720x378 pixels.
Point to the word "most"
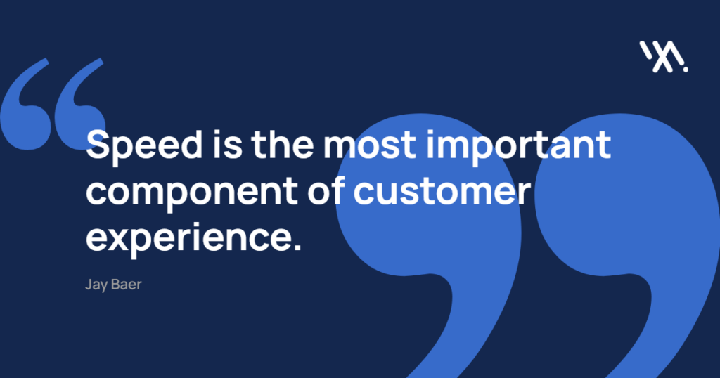click(370, 145)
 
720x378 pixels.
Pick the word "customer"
click(442, 191)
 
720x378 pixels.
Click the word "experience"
click(189, 239)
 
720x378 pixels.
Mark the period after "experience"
click(297, 247)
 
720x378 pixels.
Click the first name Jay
click(96, 285)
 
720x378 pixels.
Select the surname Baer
click(127, 285)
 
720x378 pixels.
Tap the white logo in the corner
click(664, 56)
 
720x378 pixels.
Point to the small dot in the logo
click(686, 70)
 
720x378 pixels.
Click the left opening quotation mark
click(25, 105)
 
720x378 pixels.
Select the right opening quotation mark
click(79, 105)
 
